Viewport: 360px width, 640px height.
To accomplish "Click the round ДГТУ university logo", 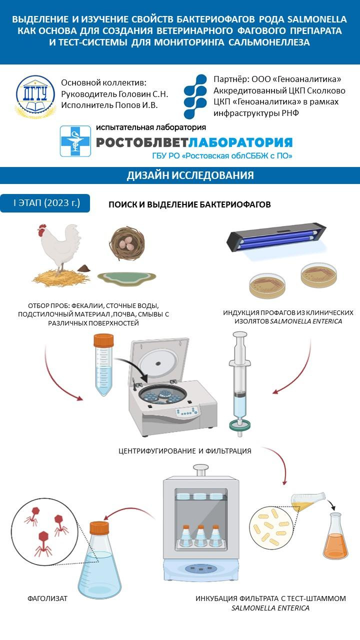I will point(35,95).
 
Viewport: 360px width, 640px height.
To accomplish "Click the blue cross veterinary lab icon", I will point(75,141).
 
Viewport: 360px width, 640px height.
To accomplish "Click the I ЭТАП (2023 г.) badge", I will point(45,203).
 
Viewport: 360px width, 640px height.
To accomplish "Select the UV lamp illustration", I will point(275,238).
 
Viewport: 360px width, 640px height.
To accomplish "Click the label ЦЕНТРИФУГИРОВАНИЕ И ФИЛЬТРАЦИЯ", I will point(185,451).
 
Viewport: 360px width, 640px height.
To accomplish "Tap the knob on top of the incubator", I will point(200,469).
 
